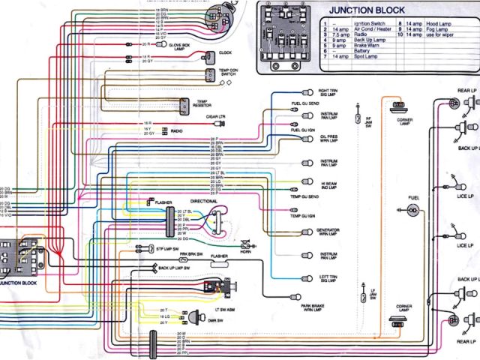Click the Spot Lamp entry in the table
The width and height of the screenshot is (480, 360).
click(366, 56)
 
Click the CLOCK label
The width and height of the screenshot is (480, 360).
click(225, 53)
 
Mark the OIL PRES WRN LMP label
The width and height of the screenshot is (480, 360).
click(329, 139)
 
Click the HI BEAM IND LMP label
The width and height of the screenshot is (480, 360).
click(329, 183)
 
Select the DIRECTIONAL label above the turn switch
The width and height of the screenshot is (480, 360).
click(204, 202)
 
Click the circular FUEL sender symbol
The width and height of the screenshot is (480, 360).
click(412, 212)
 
